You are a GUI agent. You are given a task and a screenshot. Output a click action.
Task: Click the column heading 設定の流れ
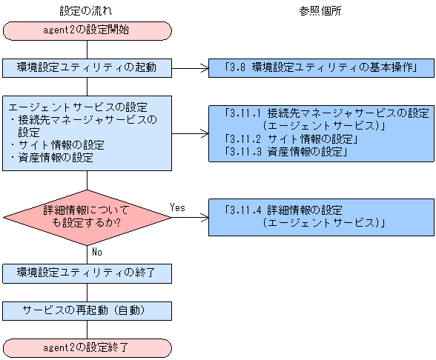(87, 11)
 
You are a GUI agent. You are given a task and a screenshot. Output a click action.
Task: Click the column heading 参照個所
(320, 11)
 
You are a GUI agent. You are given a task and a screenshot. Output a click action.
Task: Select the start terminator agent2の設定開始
(87, 30)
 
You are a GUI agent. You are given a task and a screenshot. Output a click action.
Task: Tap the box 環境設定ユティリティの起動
(87, 67)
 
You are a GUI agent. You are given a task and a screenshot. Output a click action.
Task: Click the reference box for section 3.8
(320, 68)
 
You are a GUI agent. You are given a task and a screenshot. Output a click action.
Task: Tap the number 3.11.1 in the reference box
(245, 113)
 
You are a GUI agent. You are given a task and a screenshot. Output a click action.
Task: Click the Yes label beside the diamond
(178, 207)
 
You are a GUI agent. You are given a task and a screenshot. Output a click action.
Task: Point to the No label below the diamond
(96, 252)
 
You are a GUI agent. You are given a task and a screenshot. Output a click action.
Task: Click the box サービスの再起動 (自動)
(87, 310)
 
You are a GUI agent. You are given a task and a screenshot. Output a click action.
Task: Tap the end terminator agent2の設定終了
(87, 347)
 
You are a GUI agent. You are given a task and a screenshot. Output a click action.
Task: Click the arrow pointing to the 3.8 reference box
(189, 68)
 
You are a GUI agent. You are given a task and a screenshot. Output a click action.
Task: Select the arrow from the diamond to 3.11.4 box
(189, 218)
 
